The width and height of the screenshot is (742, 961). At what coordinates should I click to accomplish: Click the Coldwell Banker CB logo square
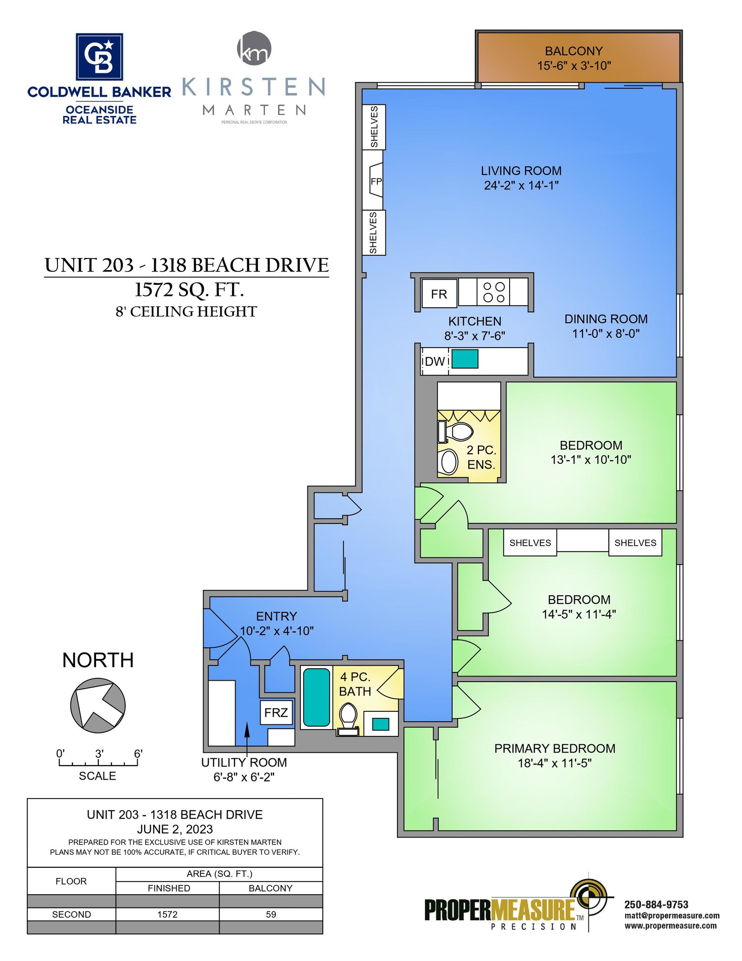(99, 56)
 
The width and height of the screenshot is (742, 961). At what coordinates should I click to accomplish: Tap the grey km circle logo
(254, 48)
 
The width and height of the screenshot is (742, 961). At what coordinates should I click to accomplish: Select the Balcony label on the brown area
(574, 51)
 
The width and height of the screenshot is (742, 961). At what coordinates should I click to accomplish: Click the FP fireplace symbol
(376, 181)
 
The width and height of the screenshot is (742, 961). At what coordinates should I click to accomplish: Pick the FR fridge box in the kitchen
(439, 294)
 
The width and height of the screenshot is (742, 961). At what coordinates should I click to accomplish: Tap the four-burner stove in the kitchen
(493, 292)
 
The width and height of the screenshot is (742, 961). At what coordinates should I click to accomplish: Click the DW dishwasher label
(435, 361)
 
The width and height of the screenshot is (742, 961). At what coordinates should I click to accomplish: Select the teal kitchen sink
(465, 359)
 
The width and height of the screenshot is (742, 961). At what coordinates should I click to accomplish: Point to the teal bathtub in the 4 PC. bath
(316, 697)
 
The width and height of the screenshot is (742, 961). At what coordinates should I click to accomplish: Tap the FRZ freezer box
(276, 712)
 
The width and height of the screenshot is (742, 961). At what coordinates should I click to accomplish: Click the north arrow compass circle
(98, 705)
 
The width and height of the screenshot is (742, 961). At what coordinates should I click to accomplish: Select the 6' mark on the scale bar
(138, 754)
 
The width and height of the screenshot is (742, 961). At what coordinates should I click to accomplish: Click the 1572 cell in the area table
(167, 914)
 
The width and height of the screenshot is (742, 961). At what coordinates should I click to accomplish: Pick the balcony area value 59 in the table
(271, 914)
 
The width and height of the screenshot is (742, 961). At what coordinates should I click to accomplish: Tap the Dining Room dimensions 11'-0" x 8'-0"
(606, 334)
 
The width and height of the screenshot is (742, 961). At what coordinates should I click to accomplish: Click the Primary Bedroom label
(555, 748)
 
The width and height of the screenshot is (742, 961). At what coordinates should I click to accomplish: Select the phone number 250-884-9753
(656, 904)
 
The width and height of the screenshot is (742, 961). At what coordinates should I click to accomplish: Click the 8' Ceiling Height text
(186, 311)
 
